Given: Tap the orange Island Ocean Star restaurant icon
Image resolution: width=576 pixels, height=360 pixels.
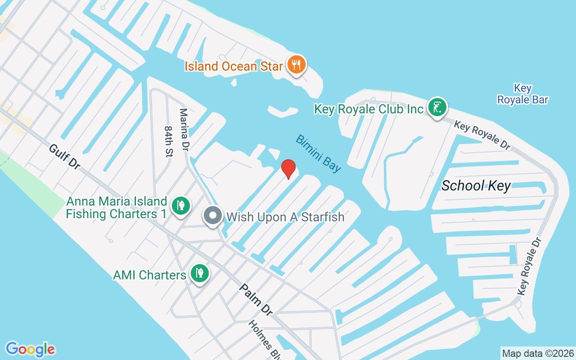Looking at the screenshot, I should coord(296,65).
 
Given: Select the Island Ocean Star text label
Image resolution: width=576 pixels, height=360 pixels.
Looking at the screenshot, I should coord(234,67).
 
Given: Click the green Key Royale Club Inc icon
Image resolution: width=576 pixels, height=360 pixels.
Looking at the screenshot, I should coord(437,108).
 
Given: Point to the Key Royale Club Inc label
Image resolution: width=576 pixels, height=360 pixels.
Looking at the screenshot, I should coord(369,109).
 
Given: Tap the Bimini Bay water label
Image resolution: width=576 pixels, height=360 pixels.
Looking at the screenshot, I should coord(318,153).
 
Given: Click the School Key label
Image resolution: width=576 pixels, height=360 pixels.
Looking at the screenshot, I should coord(476,185).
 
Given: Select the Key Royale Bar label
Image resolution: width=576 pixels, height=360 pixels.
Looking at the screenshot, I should coord(522,94).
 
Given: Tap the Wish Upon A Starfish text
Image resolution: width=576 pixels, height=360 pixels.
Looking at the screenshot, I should coord(285,217).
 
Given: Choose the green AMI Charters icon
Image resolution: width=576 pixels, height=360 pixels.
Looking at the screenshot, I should coord(198,273).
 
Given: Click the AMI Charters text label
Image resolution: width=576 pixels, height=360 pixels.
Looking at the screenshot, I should coord(149,274).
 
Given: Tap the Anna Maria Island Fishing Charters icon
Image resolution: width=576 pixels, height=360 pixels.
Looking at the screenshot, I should coord(180,206).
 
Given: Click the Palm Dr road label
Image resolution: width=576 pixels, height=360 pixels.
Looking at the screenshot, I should coord(255,300).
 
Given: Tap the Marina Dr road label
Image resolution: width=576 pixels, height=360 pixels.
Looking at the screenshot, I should coord(184,129).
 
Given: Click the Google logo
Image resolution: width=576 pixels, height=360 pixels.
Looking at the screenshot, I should coord(30,349).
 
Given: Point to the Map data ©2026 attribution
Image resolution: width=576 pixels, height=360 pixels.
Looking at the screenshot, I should coord(538,353).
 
